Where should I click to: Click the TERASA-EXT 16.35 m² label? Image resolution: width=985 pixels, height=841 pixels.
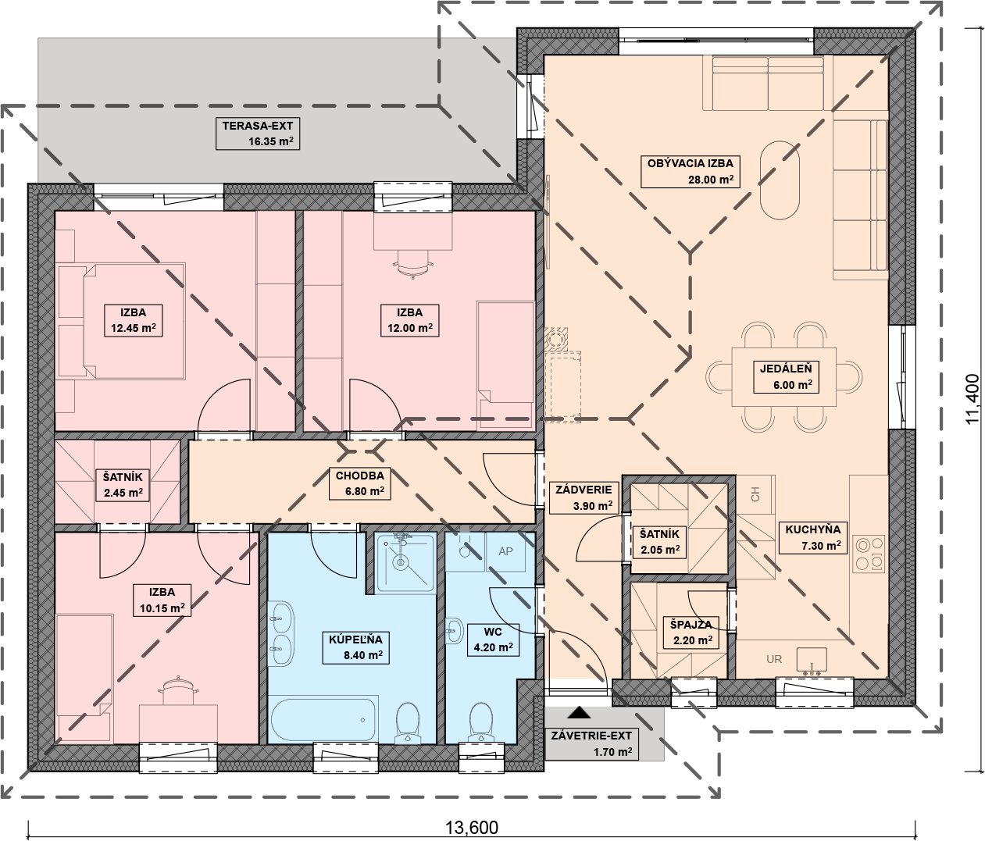257,134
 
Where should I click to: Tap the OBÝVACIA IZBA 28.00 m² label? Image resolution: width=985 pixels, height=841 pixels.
690,171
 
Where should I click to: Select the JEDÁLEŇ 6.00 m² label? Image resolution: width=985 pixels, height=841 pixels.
786,377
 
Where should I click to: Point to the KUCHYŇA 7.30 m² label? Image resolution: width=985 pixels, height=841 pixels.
812,537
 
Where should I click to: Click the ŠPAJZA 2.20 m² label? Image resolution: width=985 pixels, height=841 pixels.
691,633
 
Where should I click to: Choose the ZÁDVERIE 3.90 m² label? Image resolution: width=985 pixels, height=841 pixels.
584,497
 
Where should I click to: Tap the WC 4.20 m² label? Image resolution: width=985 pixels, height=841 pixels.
493,640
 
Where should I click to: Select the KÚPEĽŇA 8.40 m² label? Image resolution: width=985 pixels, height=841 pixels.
355,647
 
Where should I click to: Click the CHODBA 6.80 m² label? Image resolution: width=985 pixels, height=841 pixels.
360,483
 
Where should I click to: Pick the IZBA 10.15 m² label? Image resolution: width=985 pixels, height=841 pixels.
162,600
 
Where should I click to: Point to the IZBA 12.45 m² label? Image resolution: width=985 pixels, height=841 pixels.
134,320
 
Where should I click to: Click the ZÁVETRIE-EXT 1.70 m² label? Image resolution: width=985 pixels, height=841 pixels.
591,744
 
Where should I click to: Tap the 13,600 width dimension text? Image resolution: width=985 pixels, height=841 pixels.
472,828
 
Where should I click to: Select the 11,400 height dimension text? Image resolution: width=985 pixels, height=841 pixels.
973,399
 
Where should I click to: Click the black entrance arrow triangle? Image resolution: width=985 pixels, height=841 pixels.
579,712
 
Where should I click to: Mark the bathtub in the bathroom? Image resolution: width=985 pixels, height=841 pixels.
323,719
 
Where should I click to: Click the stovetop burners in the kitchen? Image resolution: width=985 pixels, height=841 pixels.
869,554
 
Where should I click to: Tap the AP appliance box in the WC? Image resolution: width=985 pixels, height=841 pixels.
505,551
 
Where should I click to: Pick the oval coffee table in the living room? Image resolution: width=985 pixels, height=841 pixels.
780,180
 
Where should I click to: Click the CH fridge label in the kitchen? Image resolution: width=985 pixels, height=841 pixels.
755,494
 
